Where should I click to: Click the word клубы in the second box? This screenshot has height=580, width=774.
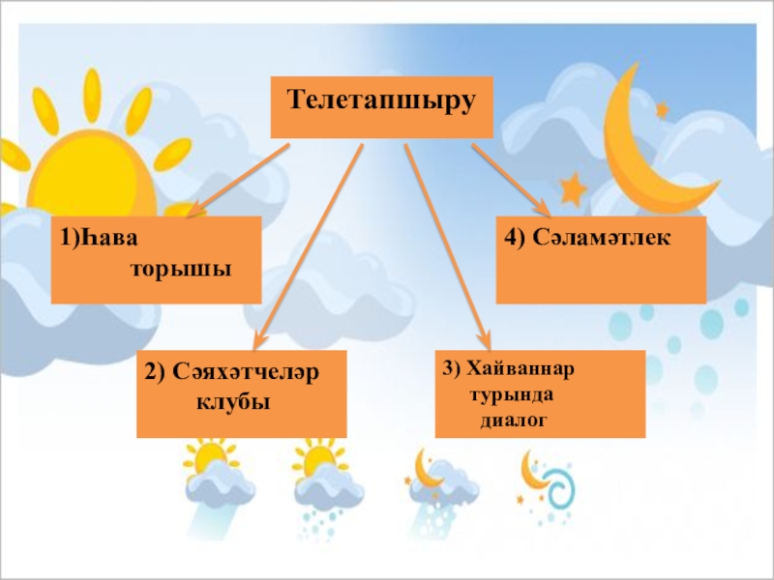click(x=232, y=399)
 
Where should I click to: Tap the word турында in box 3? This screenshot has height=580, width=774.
click(x=512, y=395)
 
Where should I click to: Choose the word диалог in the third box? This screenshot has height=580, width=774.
click(x=515, y=420)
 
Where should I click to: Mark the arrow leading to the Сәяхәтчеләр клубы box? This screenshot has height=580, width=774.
click(x=310, y=242)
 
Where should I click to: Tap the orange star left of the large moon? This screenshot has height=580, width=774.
click(x=573, y=188)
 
